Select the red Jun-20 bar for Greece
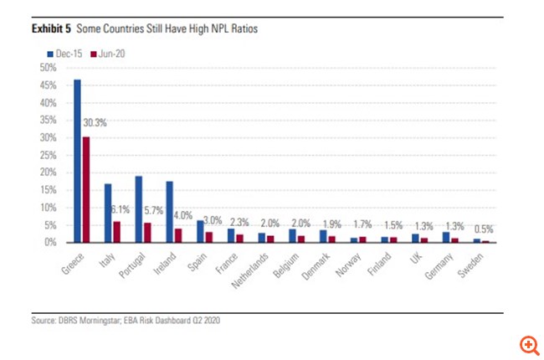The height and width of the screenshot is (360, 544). point(85,189)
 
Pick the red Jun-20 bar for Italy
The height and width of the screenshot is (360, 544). point(116,231)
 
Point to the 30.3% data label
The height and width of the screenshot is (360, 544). point(95,123)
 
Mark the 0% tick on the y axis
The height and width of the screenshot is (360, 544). point(49,242)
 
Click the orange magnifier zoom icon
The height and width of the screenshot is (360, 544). point(528,344)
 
